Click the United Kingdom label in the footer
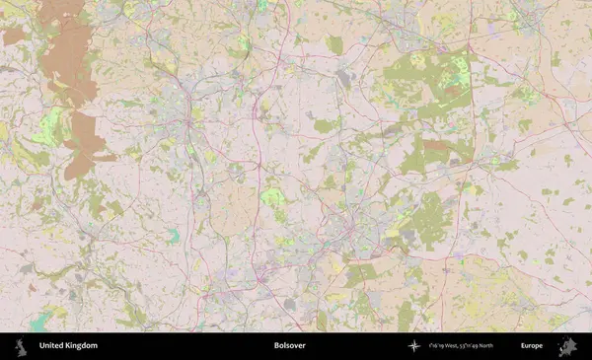(68, 346)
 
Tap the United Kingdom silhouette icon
(20, 346)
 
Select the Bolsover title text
(289, 346)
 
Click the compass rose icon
(414, 346)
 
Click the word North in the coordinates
(508, 346)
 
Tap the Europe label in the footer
(532, 346)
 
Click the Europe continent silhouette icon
(566, 346)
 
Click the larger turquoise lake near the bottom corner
(41, 322)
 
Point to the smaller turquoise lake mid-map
(174, 235)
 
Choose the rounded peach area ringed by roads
(235, 209)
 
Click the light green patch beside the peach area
(273, 197)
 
